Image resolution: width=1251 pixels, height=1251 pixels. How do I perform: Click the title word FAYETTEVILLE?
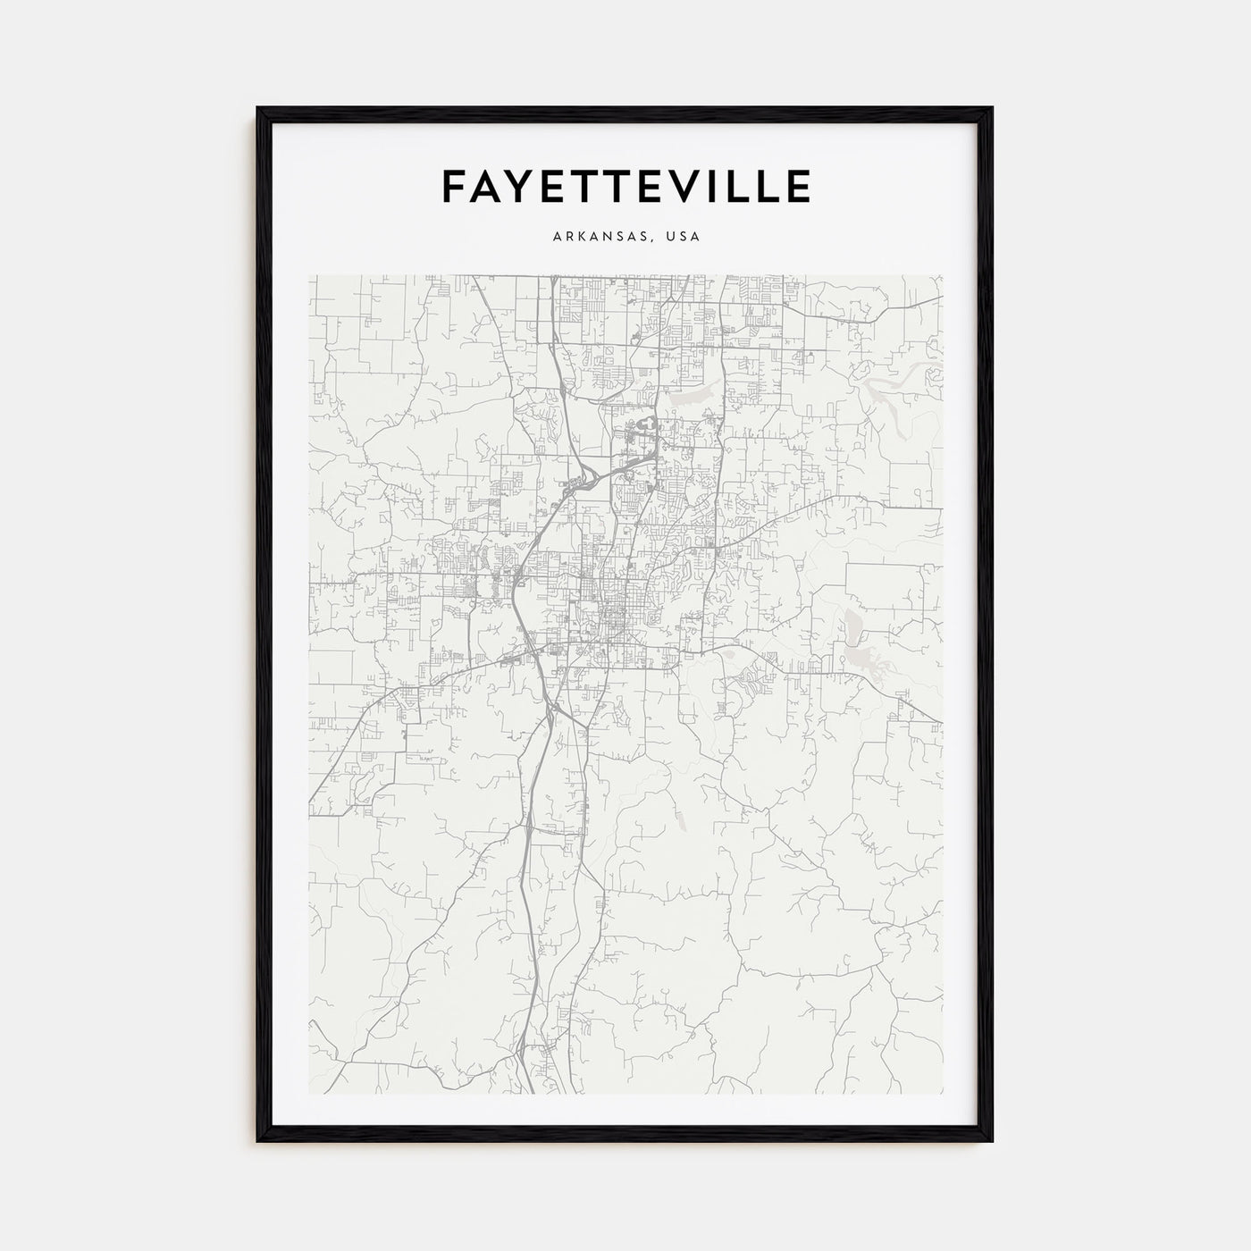coord(625,186)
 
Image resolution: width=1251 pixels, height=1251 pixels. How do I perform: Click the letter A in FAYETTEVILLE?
coord(487,186)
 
